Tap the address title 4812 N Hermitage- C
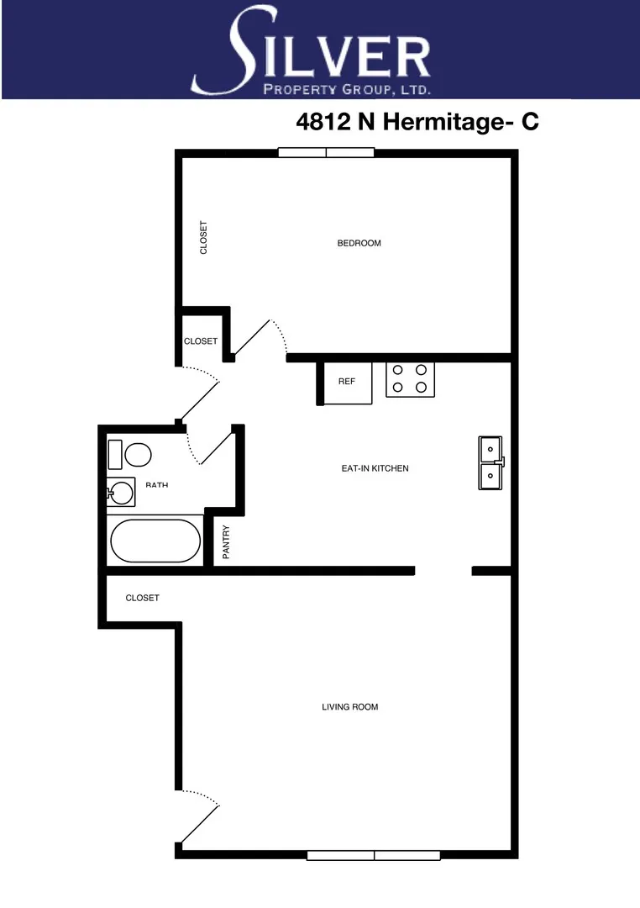click(x=417, y=122)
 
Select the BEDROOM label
click(x=359, y=244)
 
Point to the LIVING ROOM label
click(x=350, y=707)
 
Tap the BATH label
click(x=156, y=485)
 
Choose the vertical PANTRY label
click(x=226, y=542)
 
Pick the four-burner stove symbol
click(x=410, y=379)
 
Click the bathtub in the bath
click(x=155, y=541)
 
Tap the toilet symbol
click(x=129, y=455)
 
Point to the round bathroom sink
click(x=122, y=492)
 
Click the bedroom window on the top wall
click(x=326, y=153)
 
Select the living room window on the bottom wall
click(x=374, y=855)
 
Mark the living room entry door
click(x=200, y=816)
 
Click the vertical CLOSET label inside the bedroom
click(x=203, y=238)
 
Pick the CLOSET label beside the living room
click(x=142, y=599)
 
